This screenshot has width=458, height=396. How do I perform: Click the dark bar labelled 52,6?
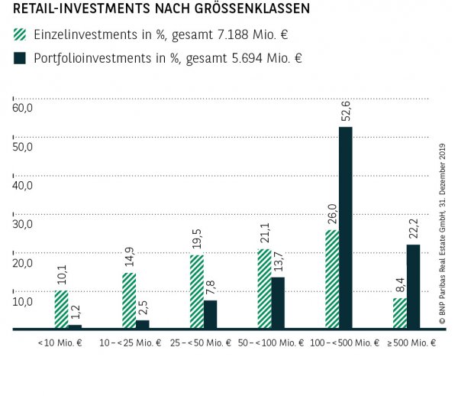click(x=346, y=228)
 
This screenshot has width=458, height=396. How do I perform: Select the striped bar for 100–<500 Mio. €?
click(x=332, y=279)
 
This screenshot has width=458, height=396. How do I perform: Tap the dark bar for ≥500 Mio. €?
click(x=413, y=287)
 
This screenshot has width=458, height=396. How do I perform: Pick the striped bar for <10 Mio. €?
click(x=61, y=310)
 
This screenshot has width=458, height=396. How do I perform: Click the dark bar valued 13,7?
click(x=278, y=303)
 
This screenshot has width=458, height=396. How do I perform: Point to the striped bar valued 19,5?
click(x=197, y=291)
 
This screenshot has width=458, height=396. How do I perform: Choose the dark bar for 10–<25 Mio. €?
click(x=143, y=324)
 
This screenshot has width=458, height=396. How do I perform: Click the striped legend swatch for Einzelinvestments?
click(x=20, y=34)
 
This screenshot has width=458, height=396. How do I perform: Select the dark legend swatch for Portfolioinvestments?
click(x=20, y=59)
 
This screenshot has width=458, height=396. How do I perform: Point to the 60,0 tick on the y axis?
click(x=22, y=108)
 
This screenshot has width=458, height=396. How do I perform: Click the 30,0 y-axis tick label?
click(x=22, y=224)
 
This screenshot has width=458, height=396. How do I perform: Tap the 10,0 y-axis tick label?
click(x=22, y=301)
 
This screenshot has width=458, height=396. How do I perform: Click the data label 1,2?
click(x=75, y=312)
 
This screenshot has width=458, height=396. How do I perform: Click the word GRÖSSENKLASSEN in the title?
click(x=235, y=10)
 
